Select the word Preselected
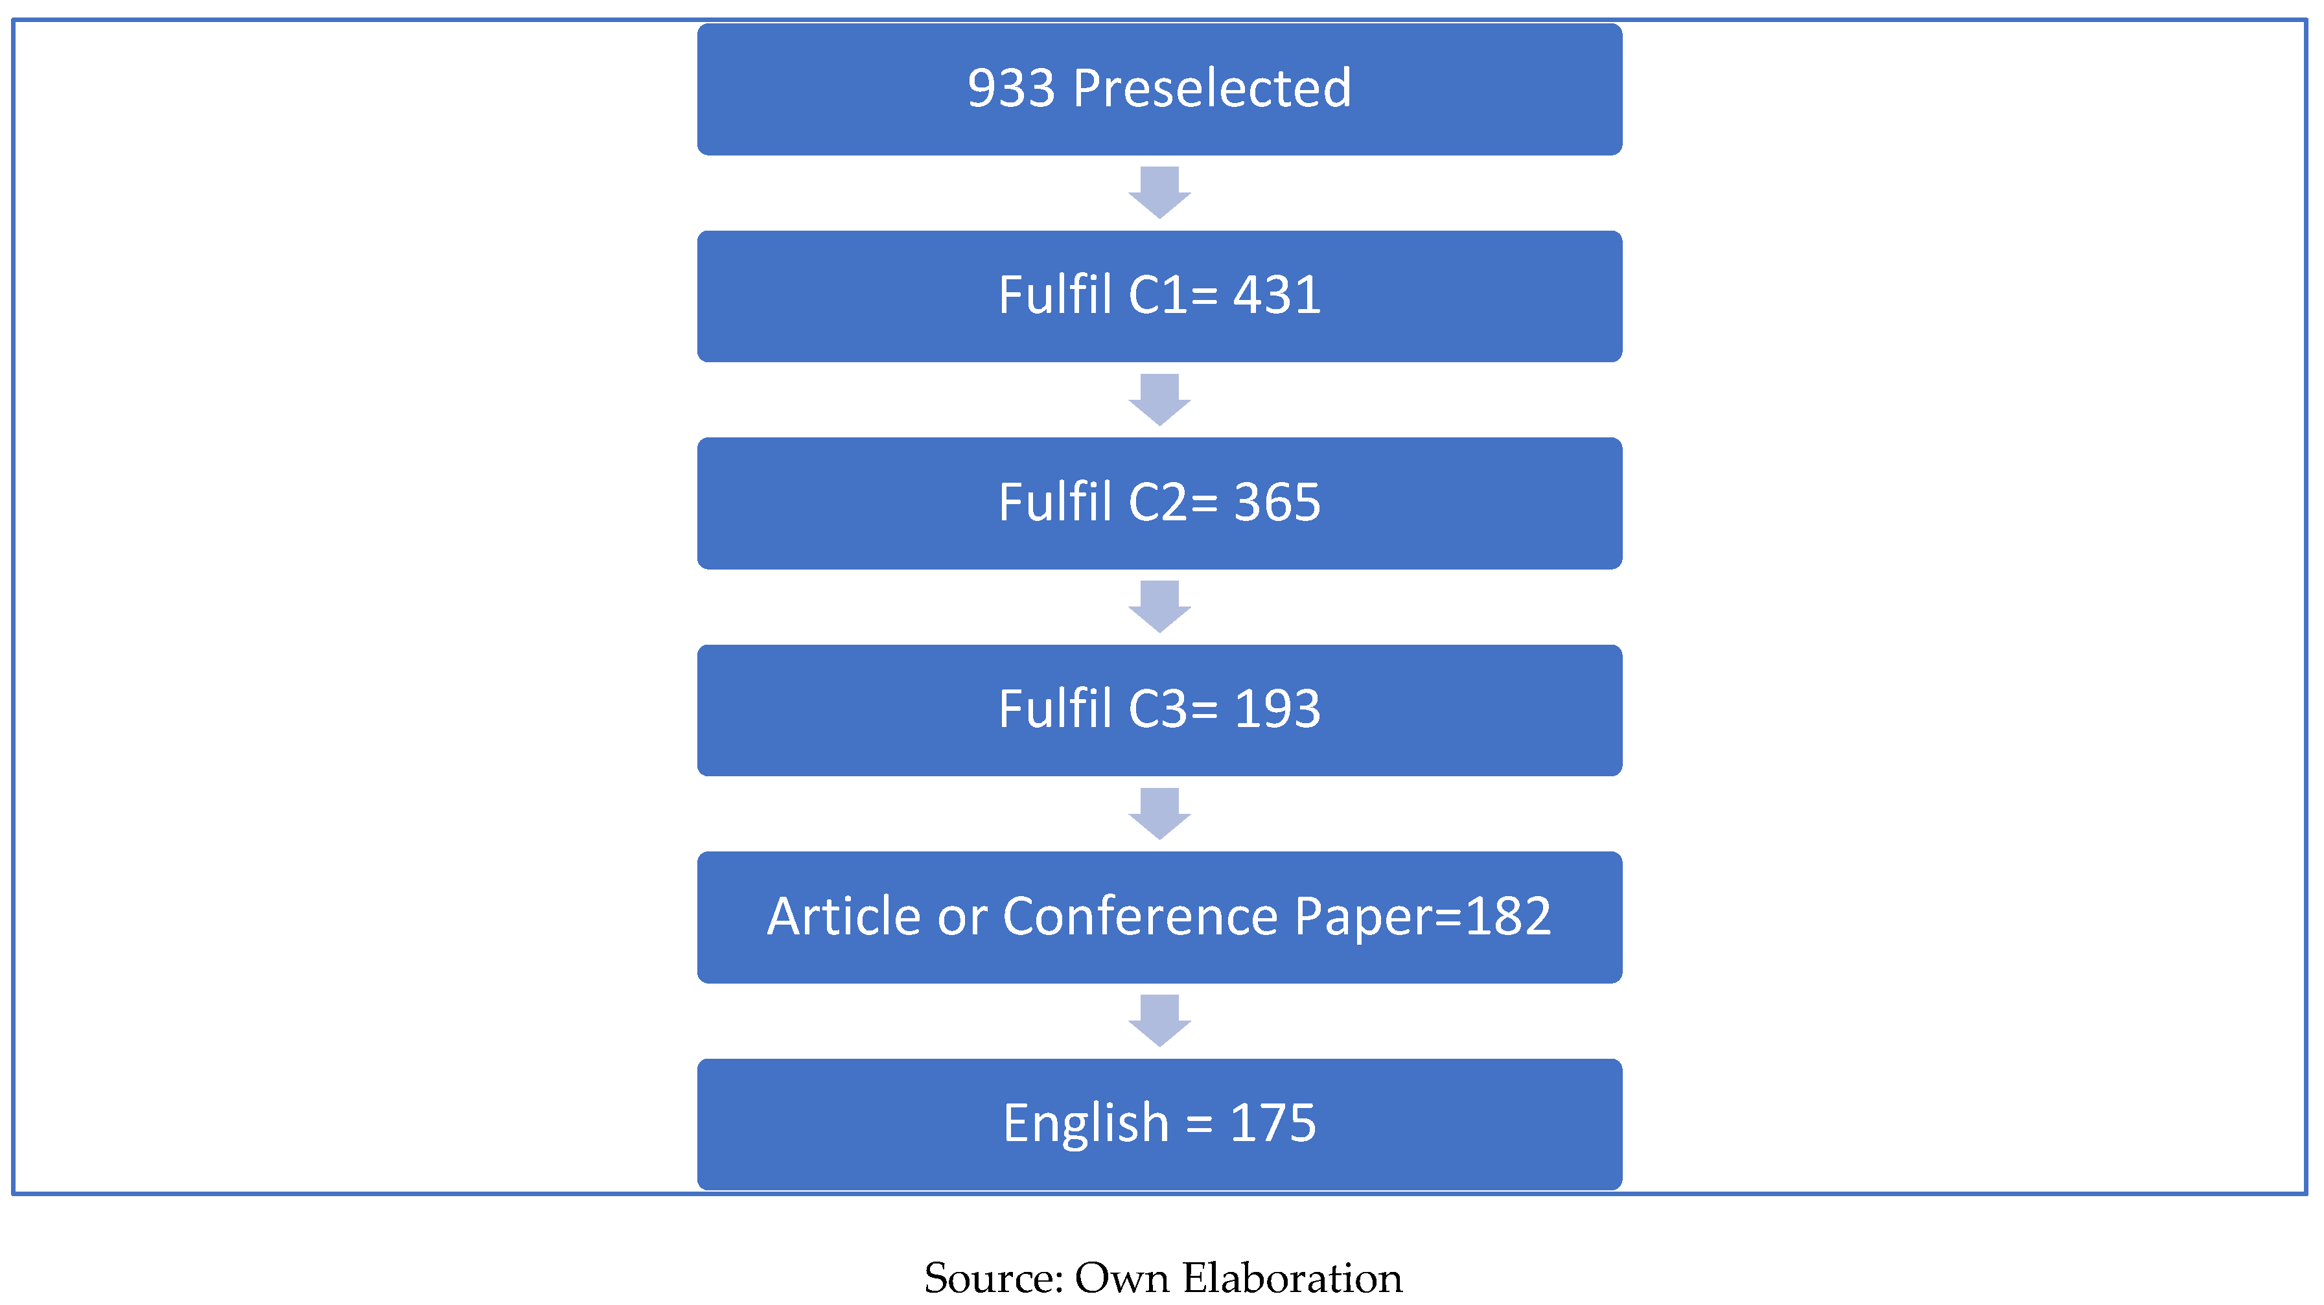(x=1212, y=89)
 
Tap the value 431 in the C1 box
(x=1277, y=296)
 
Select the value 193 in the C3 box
(x=1277, y=710)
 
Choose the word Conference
(x=1141, y=918)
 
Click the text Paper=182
(x=1423, y=918)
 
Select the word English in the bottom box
(x=1086, y=1124)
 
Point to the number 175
(x=1272, y=1124)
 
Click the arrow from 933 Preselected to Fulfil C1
(x=1159, y=192)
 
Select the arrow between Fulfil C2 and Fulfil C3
(x=1159, y=606)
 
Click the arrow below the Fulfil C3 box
(x=1159, y=813)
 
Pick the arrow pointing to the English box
(x=1159, y=1020)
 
